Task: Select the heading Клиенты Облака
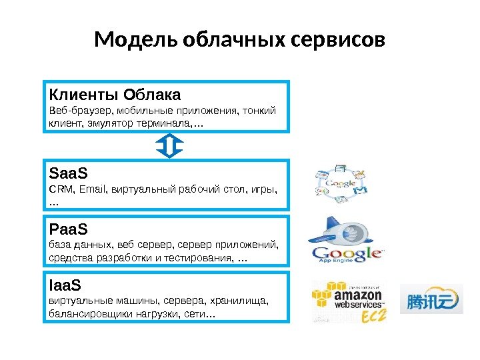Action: pyautogui.click(x=115, y=93)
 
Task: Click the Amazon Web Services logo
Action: pyautogui.click(x=347, y=298)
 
